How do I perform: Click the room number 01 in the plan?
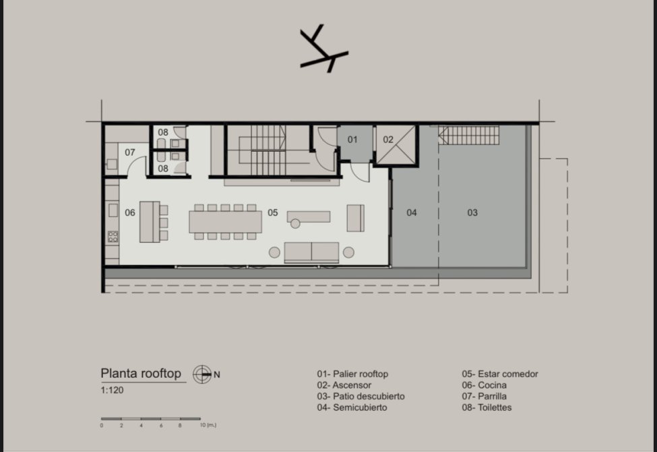352,140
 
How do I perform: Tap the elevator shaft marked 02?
396,145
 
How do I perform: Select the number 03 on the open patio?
472,213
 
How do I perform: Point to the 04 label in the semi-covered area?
412,213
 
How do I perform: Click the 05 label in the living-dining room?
273,213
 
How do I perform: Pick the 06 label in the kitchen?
130,213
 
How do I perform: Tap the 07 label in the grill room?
130,152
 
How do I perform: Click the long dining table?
226,222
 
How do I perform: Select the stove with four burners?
113,237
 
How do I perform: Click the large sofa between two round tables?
311,252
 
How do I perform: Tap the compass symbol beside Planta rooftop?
202,374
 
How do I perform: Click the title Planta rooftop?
141,374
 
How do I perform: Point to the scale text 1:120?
112,391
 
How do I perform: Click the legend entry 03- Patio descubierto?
361,396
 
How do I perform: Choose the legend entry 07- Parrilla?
484,396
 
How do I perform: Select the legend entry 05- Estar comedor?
500,374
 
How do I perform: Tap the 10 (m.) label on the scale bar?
208,425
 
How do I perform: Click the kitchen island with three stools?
150,222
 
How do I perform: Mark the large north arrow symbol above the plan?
324,49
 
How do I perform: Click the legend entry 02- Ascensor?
344,385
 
